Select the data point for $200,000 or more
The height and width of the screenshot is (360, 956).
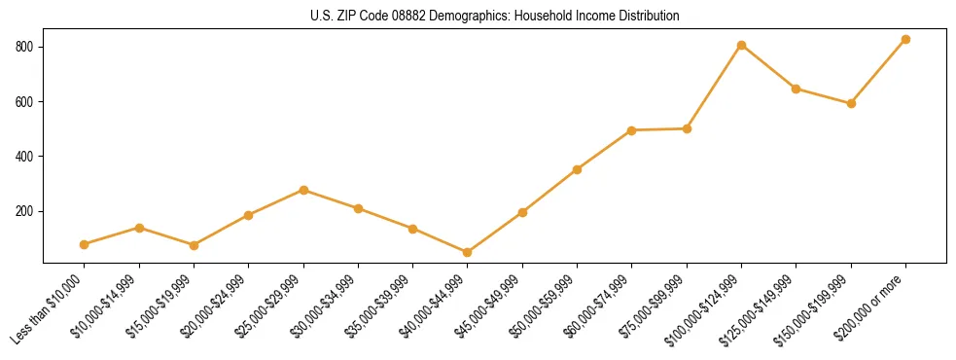905,40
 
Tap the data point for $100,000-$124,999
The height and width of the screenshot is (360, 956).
741,45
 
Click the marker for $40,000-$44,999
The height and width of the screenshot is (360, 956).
468,252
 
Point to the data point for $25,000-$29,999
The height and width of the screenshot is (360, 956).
303,190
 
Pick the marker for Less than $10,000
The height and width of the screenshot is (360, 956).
85,244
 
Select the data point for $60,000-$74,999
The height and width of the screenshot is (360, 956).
632,130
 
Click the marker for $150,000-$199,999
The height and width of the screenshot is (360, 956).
851,103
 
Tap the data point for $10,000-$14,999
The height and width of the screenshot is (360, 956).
139,228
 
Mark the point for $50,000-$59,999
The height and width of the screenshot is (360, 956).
578,169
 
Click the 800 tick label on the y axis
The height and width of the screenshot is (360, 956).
26,47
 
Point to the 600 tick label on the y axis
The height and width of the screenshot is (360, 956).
26,101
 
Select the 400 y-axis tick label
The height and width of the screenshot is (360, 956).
26,157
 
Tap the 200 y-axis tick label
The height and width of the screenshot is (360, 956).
26,211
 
